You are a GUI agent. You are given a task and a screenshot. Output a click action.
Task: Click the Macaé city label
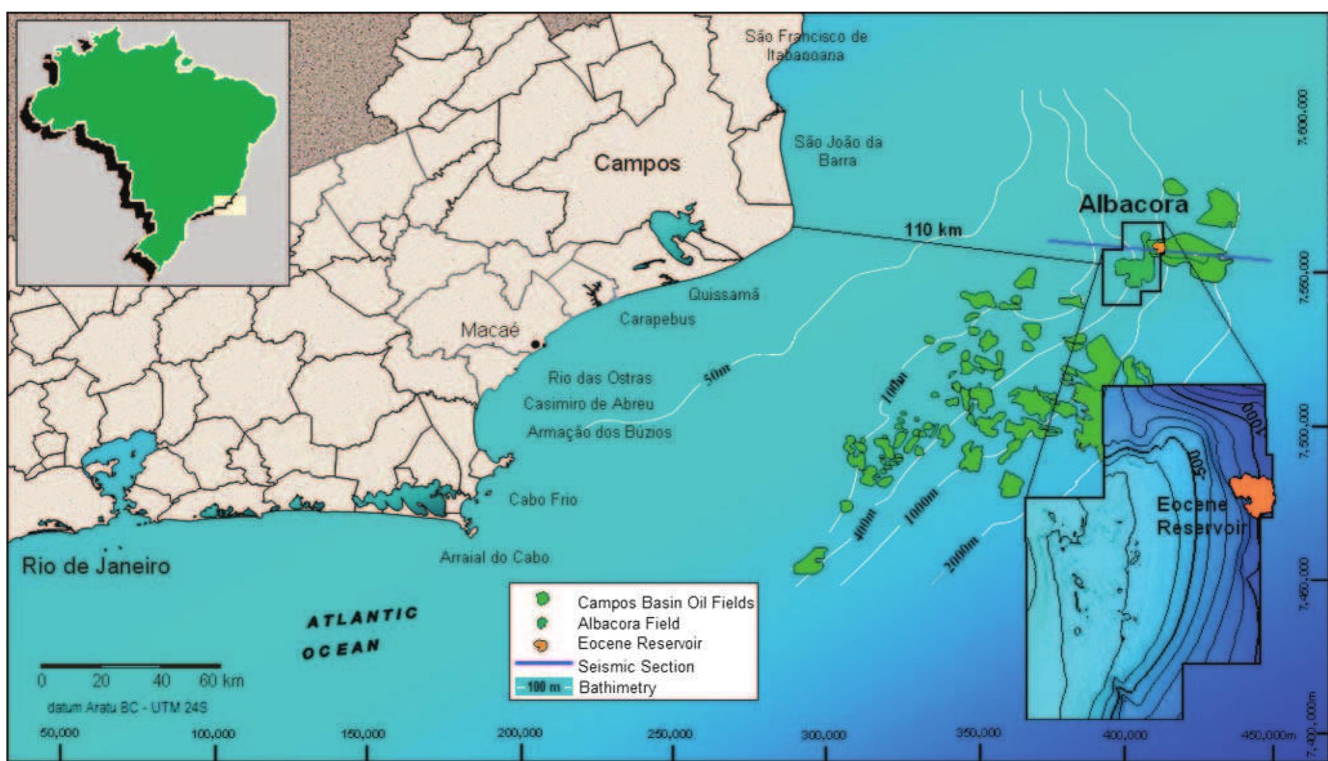point(489,330)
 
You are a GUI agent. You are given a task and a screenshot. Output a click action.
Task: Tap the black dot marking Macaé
point(535,345)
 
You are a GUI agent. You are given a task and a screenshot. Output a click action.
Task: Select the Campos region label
point(636,162)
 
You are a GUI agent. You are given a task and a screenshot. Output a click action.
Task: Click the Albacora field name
point(1133,204)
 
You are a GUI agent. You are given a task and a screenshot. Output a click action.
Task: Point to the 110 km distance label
point(932,229)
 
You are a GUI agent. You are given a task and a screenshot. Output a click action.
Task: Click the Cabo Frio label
point(543,499)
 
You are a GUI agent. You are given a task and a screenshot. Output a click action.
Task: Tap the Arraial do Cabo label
point(494,557)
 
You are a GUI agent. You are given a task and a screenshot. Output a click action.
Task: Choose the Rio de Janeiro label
point(96,566)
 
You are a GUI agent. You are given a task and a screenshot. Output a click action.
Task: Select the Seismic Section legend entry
point(635,666)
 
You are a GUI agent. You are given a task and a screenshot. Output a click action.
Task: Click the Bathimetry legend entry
point(617,687)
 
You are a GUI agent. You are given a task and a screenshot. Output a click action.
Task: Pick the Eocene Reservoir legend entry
point(639,643)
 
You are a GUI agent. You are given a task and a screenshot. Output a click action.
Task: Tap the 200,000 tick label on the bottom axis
point(519,733)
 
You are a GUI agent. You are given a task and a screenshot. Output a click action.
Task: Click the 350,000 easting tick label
point(979,733)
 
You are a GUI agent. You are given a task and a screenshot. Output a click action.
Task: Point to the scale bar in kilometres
point(131,666)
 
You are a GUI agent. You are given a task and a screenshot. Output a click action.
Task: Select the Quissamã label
point(724,294)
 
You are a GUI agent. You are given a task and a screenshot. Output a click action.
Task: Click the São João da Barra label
point(837,150)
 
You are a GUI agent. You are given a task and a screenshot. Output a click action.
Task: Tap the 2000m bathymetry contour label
point(961,555)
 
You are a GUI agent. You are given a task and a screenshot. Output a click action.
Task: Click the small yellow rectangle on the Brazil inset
point(230,204)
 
